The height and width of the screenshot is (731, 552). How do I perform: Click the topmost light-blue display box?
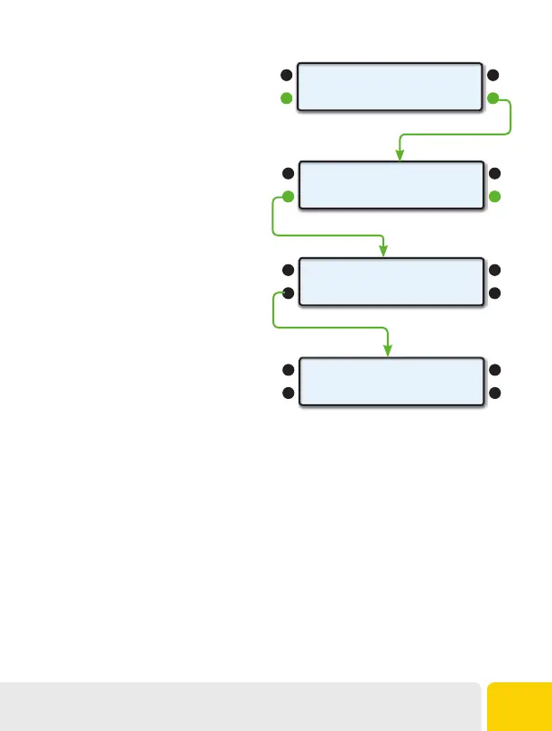click(x=389, y=87)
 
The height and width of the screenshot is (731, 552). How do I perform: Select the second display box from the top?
click(x=389, y=184)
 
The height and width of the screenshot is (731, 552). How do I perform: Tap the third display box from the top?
click(x=389, y=282)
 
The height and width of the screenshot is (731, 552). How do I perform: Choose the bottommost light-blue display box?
click(x=389, y=382)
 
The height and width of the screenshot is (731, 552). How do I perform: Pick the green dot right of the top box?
click(x=493, y=98)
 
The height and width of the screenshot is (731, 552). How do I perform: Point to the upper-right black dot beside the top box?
click(x=493, y=75)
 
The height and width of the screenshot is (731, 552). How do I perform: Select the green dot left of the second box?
click(x=287, y=197)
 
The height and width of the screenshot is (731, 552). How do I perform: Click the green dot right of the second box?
click(x=493, y=197)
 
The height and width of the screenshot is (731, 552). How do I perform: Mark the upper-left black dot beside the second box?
click(x=287, y=172)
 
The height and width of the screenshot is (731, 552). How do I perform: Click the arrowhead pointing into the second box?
click(x=399, y=156)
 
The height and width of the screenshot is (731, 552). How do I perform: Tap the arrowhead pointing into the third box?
click(x=384, y=252)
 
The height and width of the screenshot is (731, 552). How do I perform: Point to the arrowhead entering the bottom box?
click(x=389, y=350)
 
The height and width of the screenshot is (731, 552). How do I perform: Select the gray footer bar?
click(x=239, y=706)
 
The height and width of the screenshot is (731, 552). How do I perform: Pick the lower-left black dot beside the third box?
click(x=287, y=294)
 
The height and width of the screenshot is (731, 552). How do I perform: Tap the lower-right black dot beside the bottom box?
click(x=493, y=393)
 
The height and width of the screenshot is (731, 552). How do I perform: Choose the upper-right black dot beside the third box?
click(x=493, y=270)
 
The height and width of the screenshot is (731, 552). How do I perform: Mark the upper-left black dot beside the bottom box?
click(x=287, y=369)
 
